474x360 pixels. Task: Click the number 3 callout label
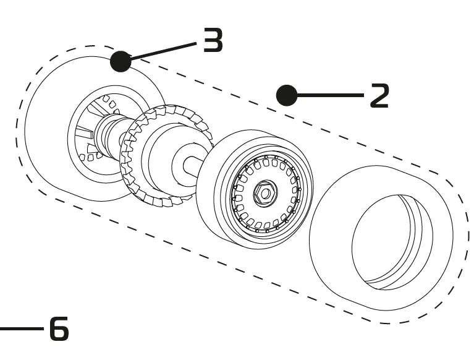coord(213,42)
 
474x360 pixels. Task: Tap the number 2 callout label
coord(379,96)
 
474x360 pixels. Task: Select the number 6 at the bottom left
coord(59,329)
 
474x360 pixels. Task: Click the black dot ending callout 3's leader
coord(121,61)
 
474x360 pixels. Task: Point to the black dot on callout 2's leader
coord(287,95)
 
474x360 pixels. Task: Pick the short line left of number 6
coord(22,329)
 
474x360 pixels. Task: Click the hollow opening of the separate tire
coord(386,241)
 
